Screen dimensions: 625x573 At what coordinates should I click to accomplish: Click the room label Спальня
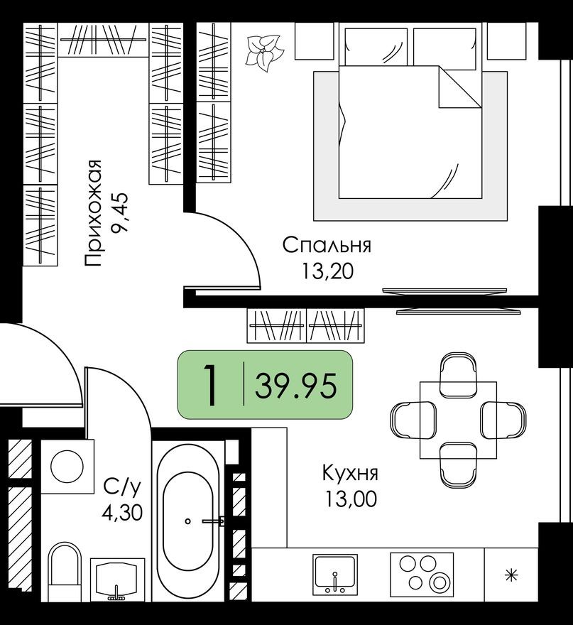click(x=327, y=246)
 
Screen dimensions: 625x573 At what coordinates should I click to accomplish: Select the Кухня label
click(x=349, y=473)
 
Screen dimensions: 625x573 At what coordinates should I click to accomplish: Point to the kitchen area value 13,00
click(x=349, y=499)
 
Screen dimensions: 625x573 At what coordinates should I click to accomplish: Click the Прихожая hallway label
click(x=94, y=212)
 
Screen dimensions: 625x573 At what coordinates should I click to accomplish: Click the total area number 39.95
click(x=296, y=387)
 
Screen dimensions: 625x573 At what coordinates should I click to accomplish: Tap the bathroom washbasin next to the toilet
click(x=117, y=578)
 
